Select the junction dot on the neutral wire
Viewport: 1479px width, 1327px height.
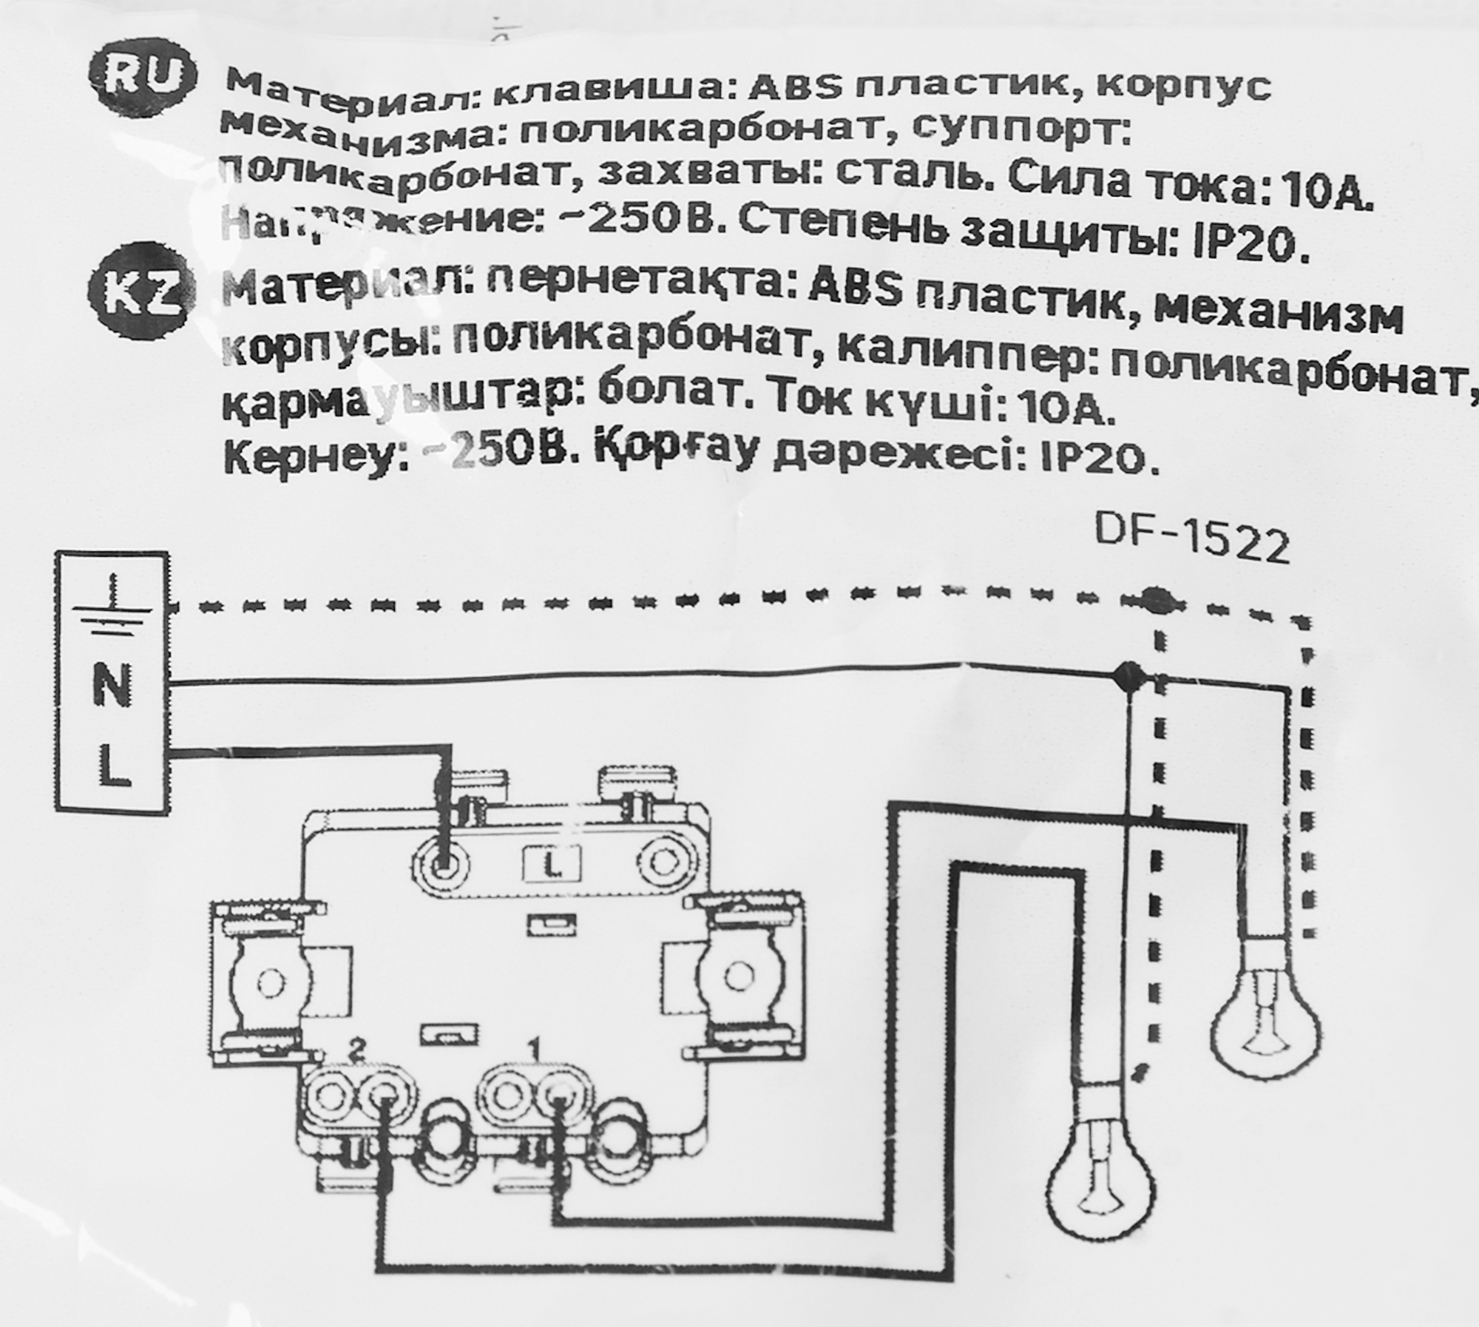tap(1128, 674)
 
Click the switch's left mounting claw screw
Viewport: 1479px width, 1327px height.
tap(270, 982)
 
